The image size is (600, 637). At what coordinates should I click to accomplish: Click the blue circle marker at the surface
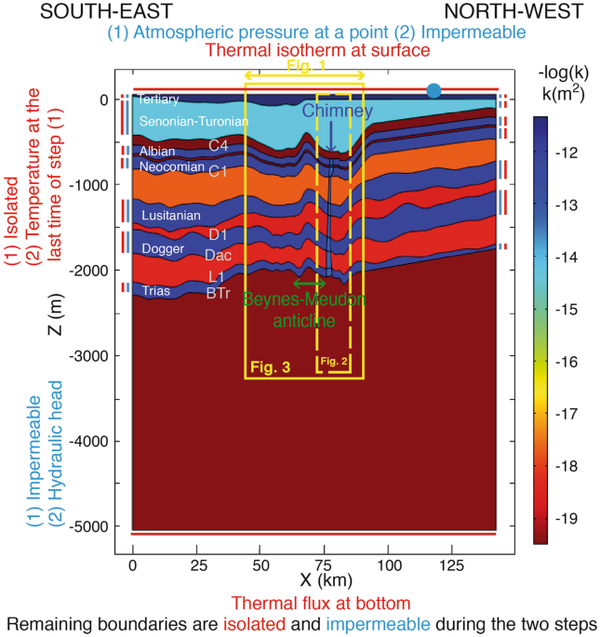pyautogui.click(x=433, y=90)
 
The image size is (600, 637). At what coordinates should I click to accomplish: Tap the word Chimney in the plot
pyautogui.click(x=337, y=111)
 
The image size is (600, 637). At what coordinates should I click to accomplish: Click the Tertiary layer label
pyautogui.click(x=157, y=99)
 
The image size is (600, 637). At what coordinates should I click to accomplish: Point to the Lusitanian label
pyautogui.click(x=170, y=216)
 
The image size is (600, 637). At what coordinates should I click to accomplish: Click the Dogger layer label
pyautogui.click(x=163, y=248)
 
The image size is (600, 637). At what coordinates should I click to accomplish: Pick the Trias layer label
pyautogui.click(x=154, y=291)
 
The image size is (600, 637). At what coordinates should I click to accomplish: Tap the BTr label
pyautogui.click(x=217, y=292)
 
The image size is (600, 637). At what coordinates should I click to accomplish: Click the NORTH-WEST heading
pyautogui.click(x=513, y=12)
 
